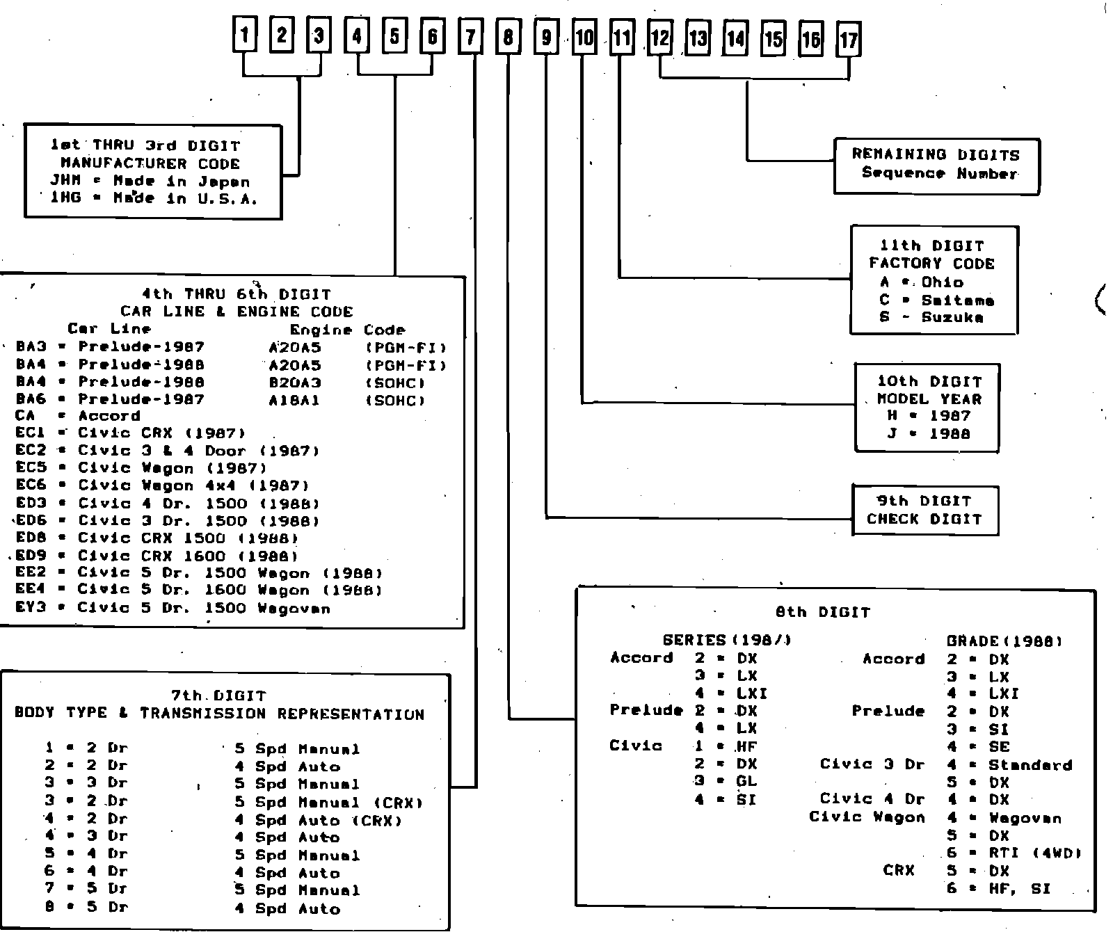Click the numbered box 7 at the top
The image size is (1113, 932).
(470, 37)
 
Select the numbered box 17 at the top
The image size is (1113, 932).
(849, 39)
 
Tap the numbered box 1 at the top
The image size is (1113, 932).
(243, 34)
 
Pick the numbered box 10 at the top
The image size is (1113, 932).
(584, 38)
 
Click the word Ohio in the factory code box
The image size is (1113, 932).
(943, 282)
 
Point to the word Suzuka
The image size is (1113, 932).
(952, 318)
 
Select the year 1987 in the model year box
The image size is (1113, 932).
(950, 416)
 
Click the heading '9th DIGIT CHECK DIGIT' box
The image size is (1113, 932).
(924, 510)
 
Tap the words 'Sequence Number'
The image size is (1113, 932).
(939, 173)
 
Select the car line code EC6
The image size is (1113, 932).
(31, 485)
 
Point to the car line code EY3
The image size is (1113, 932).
(31, 608)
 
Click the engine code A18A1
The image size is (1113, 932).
(294, 401)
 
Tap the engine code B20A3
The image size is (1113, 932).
(295, 383)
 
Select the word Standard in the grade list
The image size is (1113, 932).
(1030, 765)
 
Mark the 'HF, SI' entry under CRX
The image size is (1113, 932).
(1019, 889)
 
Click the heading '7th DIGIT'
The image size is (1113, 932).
(218, 696)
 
